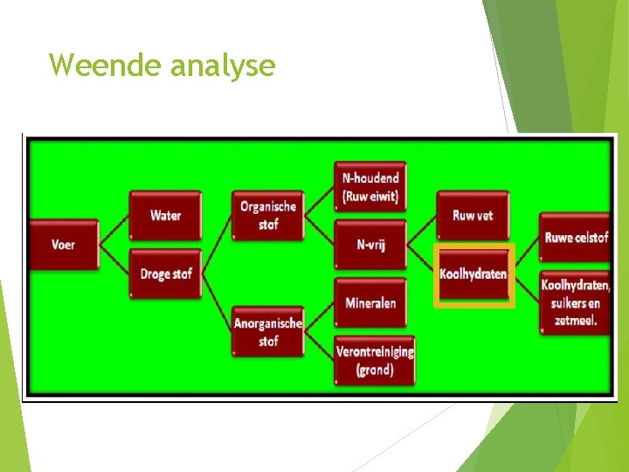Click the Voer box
click(63, 245)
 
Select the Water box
click(165, 215)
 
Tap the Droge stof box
click(165, 274)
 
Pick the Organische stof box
click(268, 215)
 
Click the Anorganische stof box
click(268, 332)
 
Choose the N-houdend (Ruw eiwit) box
click(370, 186)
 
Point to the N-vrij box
click(370, 245)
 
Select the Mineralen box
click(370, 302)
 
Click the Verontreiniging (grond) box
click(375, 360)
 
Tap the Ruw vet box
click(473, 215)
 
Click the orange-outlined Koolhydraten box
click(473, 274)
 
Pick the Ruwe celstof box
click(575, 237)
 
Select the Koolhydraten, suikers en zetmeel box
click(575, 302)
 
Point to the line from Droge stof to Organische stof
click(217, 245)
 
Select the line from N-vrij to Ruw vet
click(422, 230)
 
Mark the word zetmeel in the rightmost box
click(575, 321)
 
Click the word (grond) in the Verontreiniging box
click(375, 370)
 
